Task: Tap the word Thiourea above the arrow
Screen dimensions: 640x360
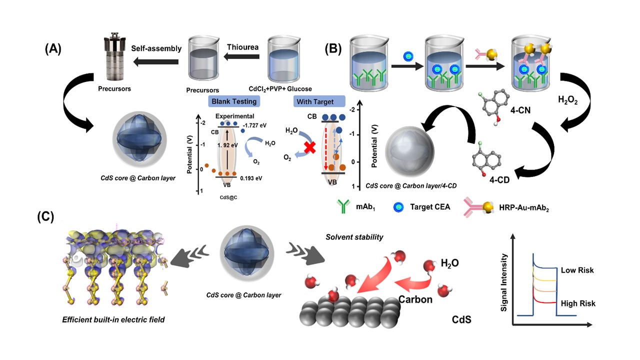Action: point(242,47)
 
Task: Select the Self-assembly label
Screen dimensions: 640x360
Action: point(156,48)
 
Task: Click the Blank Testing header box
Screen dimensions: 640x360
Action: point(234,101)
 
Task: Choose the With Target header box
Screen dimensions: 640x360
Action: point(319,101)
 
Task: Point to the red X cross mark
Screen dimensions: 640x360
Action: point(309,147)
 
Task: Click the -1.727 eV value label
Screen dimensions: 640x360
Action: point(254,125)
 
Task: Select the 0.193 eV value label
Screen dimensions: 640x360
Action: point(251,178)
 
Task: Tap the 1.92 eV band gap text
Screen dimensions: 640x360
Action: point(227,145)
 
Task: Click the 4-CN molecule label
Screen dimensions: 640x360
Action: point(520,110)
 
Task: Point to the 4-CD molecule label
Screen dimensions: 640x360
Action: point(499,179)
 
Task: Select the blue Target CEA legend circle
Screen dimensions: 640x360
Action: point(398,207)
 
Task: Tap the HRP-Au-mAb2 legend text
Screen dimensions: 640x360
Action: point(524,207)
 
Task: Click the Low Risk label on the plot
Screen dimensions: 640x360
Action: point(577,270)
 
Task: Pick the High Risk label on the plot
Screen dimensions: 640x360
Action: point(578,303)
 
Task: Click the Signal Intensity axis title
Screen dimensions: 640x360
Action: point(503,282)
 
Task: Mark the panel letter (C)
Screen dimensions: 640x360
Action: point(45,217)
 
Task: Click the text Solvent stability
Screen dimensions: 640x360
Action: point(354,237)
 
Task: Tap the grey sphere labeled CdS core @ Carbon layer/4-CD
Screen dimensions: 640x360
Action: point(409,151)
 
